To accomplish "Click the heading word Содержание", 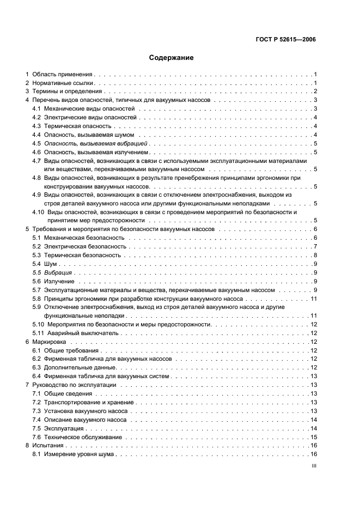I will pos(172,57).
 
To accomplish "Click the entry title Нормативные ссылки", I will pos(63,83).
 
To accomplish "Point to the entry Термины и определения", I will pos(67,92).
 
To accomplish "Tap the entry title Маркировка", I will pos(49,342).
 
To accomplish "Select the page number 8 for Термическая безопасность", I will pos(315,255).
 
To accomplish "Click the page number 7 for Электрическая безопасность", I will pos(315,246).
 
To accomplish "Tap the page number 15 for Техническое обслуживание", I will pos(314,437).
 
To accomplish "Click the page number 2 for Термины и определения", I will pos(315,92).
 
